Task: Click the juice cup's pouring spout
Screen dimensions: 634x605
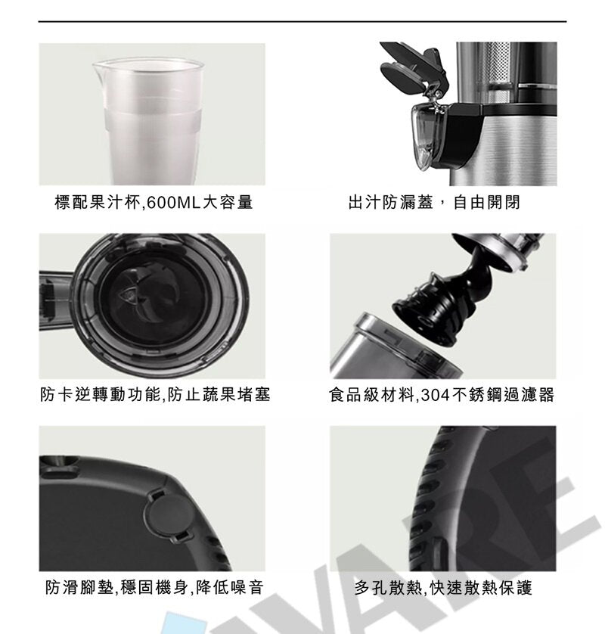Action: point(95,70)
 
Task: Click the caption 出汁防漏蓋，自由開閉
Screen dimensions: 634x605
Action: point(434,203)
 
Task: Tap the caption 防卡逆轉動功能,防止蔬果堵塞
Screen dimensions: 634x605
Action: point(154,394)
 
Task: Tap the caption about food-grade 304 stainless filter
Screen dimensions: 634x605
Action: point(442,394)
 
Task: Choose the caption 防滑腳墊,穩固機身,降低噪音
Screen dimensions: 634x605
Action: point(154,587)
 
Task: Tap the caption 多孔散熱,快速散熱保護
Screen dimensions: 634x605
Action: point(443,587)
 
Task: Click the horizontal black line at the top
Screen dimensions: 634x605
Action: point(302,21)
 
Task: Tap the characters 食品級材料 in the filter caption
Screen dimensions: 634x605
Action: point(371,394)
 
